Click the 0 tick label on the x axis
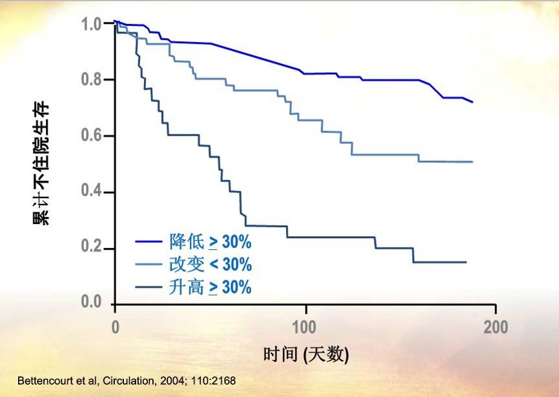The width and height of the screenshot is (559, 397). pyautogui.click(x=115, y=326)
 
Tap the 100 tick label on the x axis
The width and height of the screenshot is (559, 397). pyautogui.click(x=305, y=326)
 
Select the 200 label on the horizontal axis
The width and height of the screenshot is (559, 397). pyautogui.click(x=495, y=326)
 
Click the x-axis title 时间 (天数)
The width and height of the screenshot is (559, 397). pyautogui.click(x=305, y=354)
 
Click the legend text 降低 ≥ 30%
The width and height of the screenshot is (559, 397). pyautogui.click(x=210, y=242)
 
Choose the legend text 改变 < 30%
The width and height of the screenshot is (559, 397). pyautogui.click(x=210, y=265)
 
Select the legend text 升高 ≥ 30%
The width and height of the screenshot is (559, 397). pyautogui.click(x=210, y=287)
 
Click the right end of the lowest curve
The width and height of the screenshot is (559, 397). pyautogui.click(x=465, y=262)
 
